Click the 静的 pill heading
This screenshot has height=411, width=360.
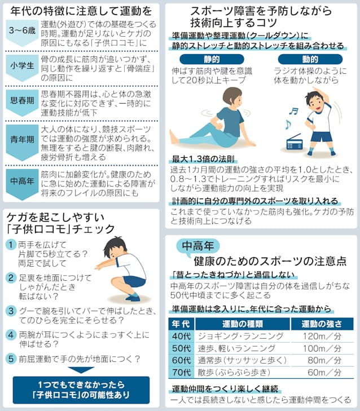coord(212,59)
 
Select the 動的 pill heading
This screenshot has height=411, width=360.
coord(310,59)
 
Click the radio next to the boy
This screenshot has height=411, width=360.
coord(294,142)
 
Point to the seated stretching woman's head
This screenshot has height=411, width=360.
coord(232,97)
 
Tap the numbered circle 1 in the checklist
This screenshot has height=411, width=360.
coord(11,245)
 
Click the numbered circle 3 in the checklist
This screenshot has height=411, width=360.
coord(11,311)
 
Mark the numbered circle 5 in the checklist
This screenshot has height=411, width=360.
coord(11,359)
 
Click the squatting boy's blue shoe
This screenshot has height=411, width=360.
coord(133,297)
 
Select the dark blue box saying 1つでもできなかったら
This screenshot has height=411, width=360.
coord(81,390)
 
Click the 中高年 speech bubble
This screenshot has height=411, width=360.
coord(198,246)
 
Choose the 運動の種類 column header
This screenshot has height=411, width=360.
coord(243,324)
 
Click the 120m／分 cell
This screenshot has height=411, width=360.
coord(322,336)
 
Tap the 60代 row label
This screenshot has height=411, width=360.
coord(181,360)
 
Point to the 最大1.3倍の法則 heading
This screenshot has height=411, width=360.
coord(203,159)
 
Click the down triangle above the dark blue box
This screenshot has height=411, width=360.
coord(81,370)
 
